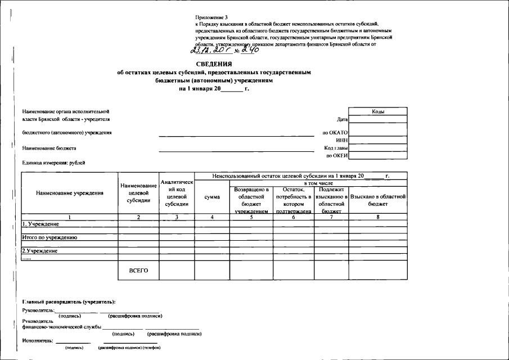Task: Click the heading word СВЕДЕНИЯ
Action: coord(214,64)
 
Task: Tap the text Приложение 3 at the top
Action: coord(213,19)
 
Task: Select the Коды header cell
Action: coord(378,111)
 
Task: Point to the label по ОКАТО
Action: coord(335,133)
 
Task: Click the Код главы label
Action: coord(336,147)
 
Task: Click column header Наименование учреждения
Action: coord(70,193)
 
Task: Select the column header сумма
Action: coord(212,197)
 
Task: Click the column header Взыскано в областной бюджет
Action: coord(377,200)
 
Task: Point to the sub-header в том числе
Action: coord(318,183)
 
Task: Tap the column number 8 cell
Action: coord(377,217)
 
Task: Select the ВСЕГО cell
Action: coord(138,271)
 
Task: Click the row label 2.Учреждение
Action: coord(40,251)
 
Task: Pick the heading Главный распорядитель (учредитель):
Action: coord(69,303)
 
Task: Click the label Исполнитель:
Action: coord(38,340)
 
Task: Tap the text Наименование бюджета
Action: coord(49,148)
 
